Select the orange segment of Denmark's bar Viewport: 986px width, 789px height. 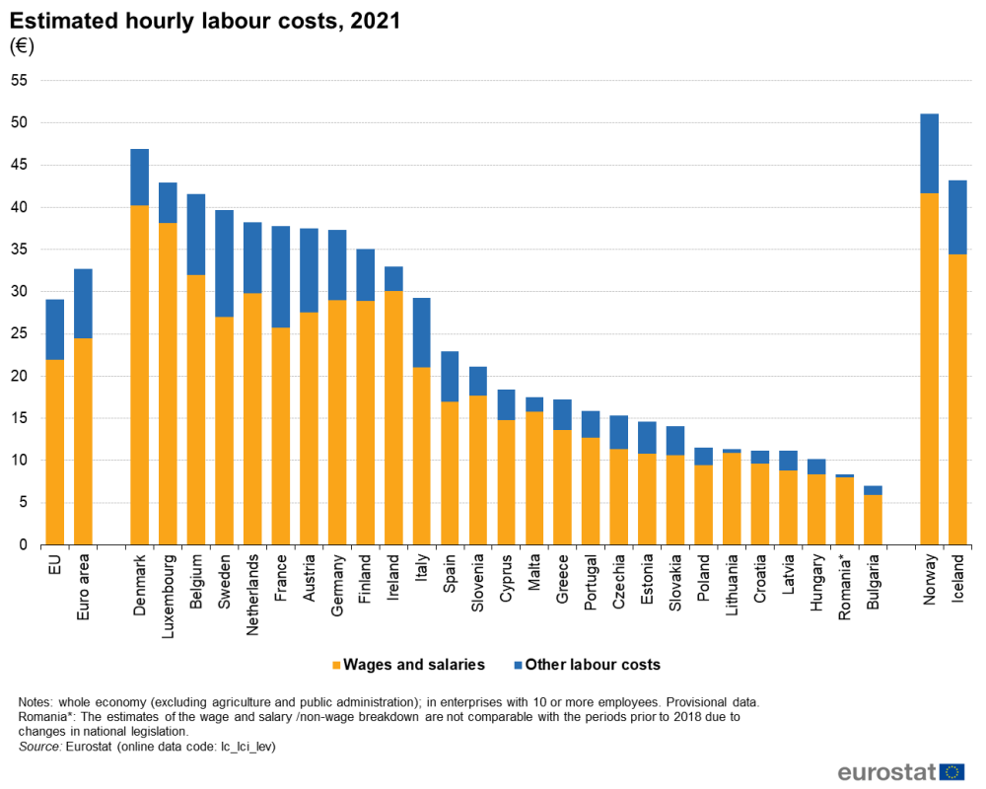(139, 375)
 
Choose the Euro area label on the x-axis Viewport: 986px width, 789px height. (83, 587)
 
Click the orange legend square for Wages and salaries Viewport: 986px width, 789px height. (336, 665)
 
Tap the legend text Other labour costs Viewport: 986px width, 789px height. (592, 665)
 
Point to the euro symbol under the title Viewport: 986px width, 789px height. (21, 46)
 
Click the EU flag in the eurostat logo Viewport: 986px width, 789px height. (951, 771)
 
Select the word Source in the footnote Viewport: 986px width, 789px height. (38, 748)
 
